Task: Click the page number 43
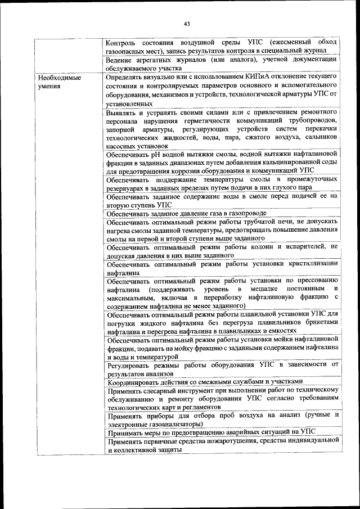point(186,24)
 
